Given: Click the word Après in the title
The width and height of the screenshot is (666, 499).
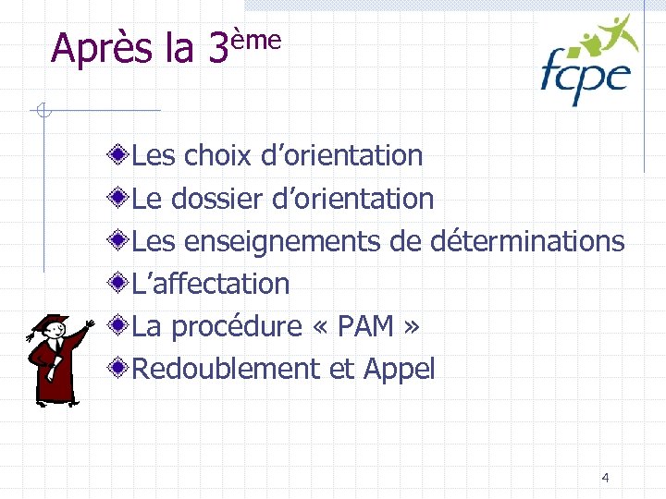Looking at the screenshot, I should tap(103, 48).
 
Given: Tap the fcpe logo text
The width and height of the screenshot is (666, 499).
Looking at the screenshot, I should tap(585, 76).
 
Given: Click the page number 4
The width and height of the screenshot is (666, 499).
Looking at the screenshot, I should tap(605, 478).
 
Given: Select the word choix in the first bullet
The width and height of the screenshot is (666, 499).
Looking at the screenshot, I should tap(217, 156).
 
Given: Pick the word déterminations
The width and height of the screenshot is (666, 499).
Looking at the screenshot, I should tap(527, 241).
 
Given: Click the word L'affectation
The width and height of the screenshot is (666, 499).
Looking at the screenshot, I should tap(211, 284).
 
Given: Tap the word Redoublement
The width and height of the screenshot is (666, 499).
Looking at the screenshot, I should tap(226, 369).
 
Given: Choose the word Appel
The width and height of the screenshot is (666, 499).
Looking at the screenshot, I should tap(399, 370).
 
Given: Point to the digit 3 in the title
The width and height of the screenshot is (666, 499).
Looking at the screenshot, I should tap(217, 49).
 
